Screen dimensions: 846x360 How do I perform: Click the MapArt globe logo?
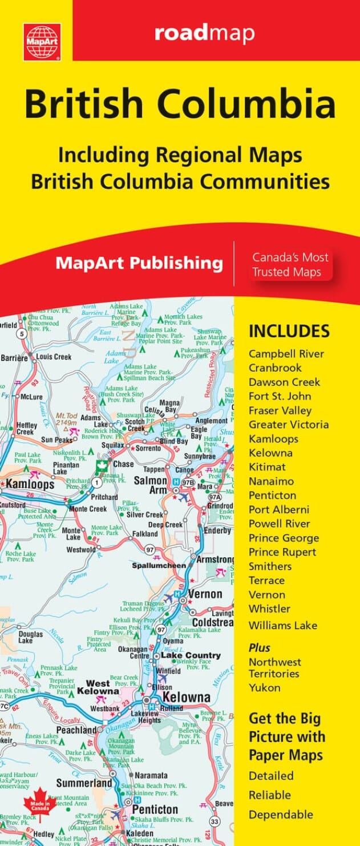(42, 41)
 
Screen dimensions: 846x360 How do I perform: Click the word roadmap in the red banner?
(204, 34)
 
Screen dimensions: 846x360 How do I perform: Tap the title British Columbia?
(180, 105)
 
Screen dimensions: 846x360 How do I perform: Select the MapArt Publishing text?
(139, 263)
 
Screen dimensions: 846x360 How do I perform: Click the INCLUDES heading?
(289, 331)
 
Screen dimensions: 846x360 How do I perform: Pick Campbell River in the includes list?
(286, 354)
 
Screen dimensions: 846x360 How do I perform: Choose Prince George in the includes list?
(284, 538)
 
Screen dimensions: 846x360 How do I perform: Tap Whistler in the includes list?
(269, 609)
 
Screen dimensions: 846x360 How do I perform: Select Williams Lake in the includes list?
(282, 625)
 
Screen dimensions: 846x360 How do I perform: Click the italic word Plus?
(259, 648)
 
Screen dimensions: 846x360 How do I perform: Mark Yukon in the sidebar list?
(264, 688)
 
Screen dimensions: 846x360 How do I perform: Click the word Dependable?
(281, 814)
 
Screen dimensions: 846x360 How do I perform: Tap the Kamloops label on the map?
(30, 485)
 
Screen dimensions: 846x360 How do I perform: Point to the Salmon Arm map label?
(151, 486)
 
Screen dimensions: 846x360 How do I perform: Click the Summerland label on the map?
(83, 783)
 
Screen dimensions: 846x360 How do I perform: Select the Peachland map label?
(77, 730)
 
